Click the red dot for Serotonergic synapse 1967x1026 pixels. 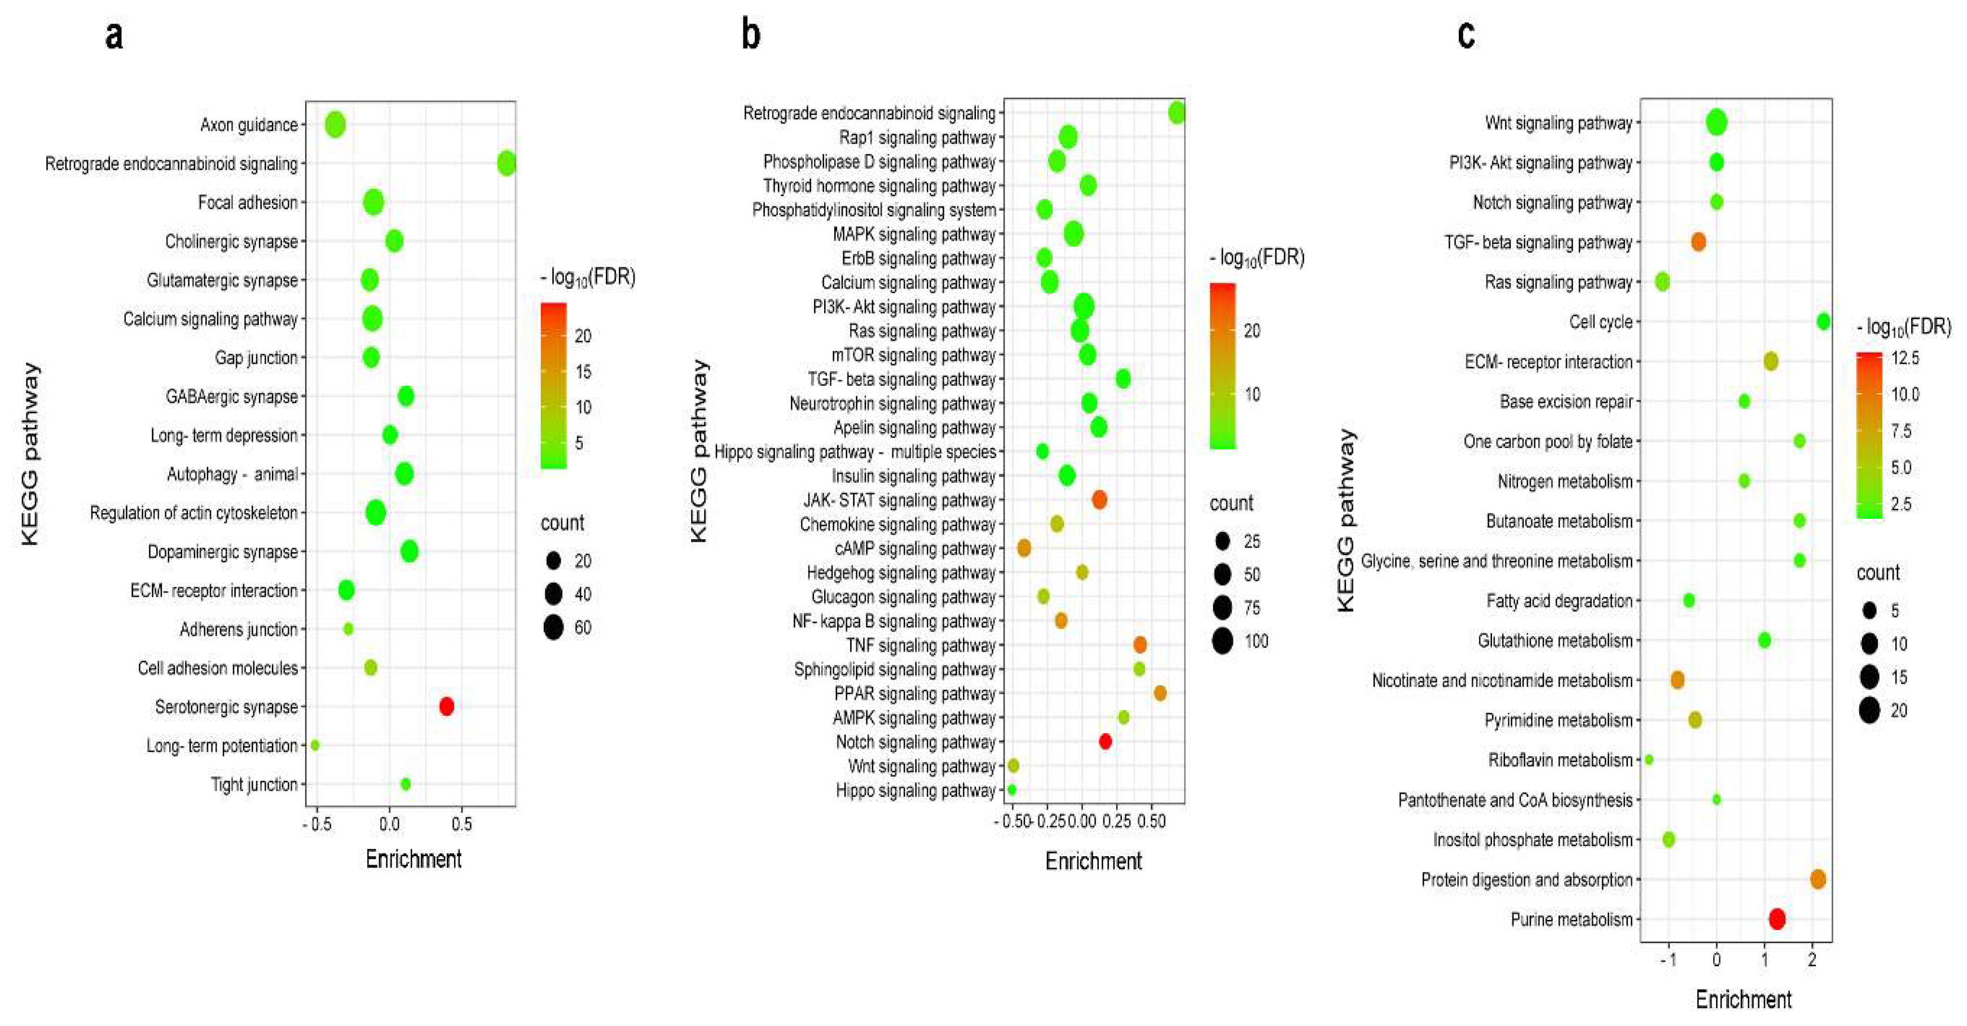coord(447,706)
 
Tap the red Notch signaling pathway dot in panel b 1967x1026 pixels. coord(1105,741)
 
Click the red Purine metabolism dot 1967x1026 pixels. coord(1777,919)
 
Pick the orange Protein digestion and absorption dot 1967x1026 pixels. coord(1818,879)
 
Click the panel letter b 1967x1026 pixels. coord(751,35)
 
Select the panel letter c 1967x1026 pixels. coord(1466,35)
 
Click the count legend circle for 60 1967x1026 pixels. coord(553,628)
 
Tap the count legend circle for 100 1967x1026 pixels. coord(1222,641)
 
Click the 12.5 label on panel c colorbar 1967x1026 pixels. coord(1905,358)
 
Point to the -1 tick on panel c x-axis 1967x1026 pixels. coord(1669,959)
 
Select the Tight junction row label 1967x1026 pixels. coord(254,784)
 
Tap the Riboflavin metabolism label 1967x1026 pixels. coord(1560,760)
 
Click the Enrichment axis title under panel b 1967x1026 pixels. coord(1093,861)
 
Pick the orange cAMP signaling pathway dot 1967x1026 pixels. coord(1024,548)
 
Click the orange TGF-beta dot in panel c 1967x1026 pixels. coord(1698,242)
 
